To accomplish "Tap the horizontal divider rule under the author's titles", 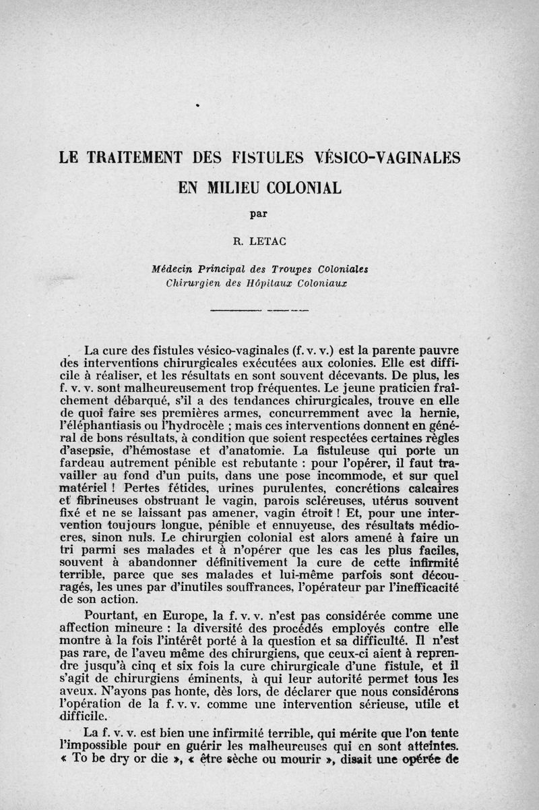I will click(x=259, y=310).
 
